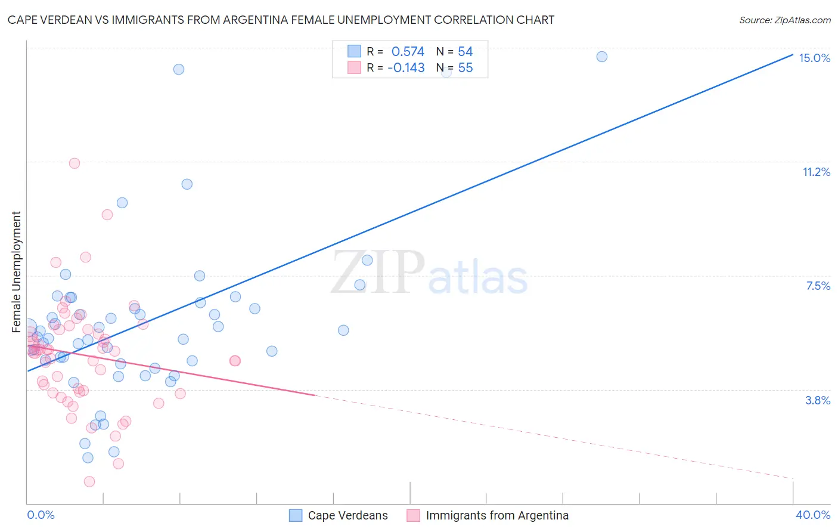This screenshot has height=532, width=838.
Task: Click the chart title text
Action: click(281, 20)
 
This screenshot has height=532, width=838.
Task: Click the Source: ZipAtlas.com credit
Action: click(784, 20)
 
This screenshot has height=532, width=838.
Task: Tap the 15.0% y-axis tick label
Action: click(814, 58)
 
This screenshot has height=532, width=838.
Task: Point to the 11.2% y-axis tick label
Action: click(816, 172)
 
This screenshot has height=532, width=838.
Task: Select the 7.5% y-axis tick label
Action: click(818, 286)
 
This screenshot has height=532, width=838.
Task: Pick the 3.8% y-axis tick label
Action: click(818, 400)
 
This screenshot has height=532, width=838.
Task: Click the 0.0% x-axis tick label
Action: click(41, 515)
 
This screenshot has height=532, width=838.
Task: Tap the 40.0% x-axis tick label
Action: click(812, 515)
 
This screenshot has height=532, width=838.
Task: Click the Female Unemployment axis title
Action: click(16, 271)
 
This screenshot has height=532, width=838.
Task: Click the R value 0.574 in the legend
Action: click(408, 52)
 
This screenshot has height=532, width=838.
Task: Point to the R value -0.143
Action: click(406, 68)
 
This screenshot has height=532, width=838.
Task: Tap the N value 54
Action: click(465, 52)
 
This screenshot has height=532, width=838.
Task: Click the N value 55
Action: click(465, 68)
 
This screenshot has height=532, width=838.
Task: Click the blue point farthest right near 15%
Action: click(602, 57)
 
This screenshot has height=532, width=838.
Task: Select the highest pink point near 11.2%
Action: click(75, 163)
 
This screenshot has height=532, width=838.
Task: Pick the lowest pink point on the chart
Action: click(89, 481)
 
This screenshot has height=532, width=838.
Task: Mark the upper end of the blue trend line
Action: click(792, 55)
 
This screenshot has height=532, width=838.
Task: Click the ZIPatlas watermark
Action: click(429, 273)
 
